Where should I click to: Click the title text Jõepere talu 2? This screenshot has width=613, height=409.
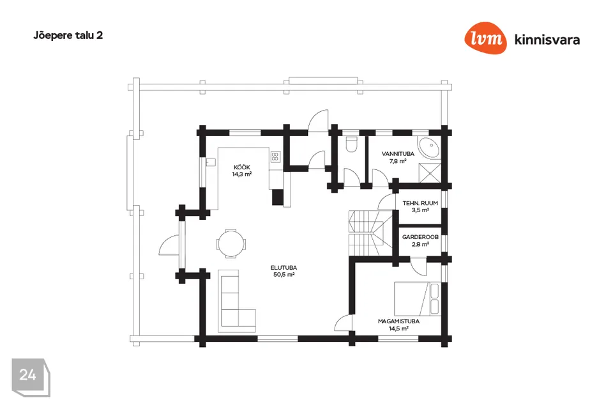(x=68, y=36)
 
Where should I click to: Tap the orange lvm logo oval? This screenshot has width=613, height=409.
(x=486, y=39)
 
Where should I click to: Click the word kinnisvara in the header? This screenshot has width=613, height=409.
(x=547, y=40)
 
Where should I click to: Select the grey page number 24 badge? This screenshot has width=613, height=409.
(x=28, y=375)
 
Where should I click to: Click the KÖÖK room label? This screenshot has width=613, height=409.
(x=241, y=167)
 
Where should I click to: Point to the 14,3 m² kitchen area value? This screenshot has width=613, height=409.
(x=241, y=174)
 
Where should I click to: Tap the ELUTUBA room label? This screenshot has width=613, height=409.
(x=284, y=268)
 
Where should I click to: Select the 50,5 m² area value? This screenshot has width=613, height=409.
(x=284, y=275)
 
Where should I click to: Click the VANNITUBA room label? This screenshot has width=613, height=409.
(x=398, y=154)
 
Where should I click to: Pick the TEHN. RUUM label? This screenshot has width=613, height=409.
(x=420, y=203)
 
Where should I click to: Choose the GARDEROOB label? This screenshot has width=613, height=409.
(x=420, y=236)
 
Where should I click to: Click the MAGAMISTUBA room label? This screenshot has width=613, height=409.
(x=398, y=321)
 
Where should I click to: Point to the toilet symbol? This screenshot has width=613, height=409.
(x=350, y=145)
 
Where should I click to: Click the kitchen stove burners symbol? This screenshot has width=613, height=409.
(x=275, y=156)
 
